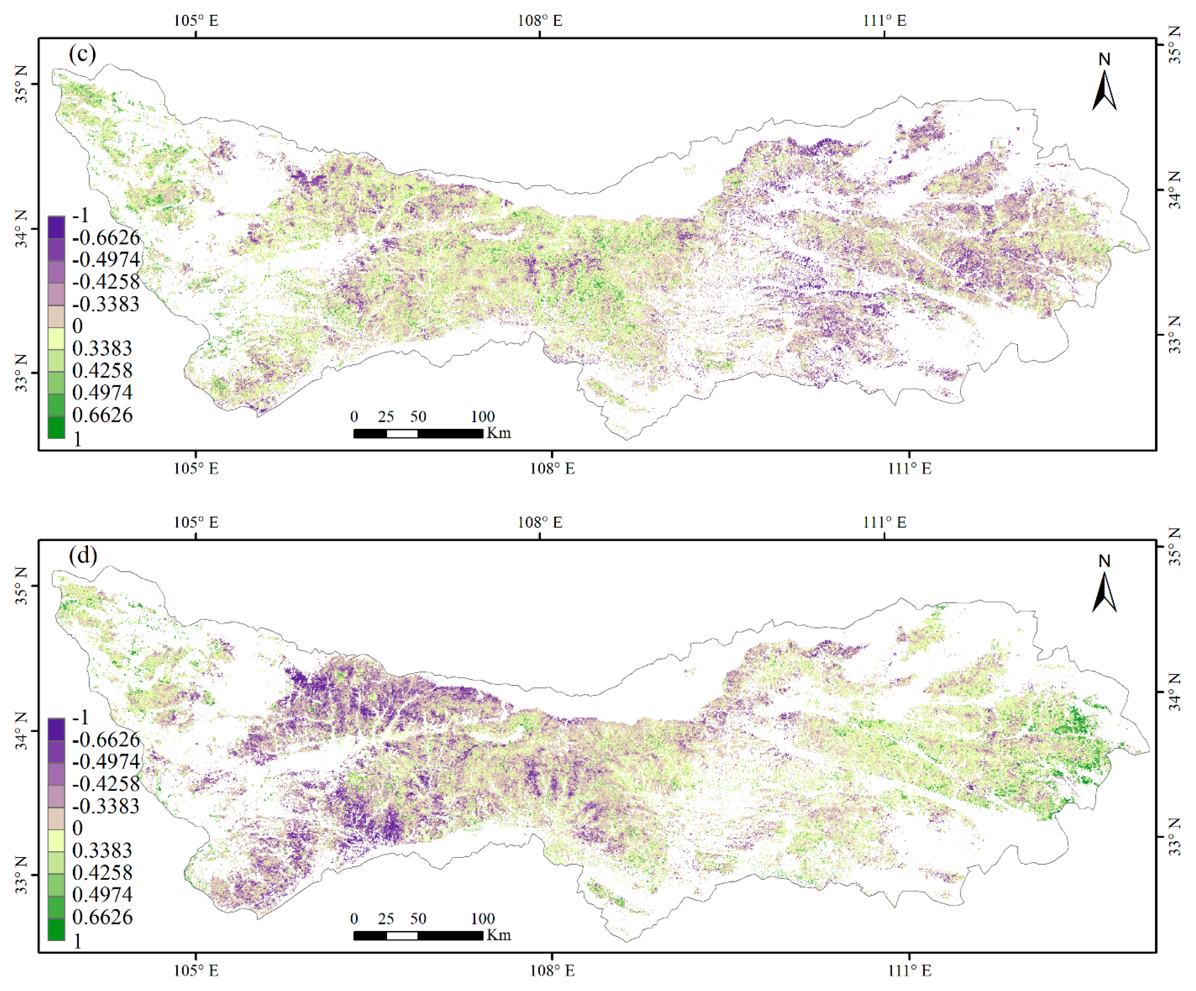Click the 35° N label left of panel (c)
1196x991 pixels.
pyautogui.click(x=21, y=84)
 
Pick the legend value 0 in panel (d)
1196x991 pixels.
pyautogui.click(x=78, y=828)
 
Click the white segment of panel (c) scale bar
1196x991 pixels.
pyautogui.click(x=402, y=433)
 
